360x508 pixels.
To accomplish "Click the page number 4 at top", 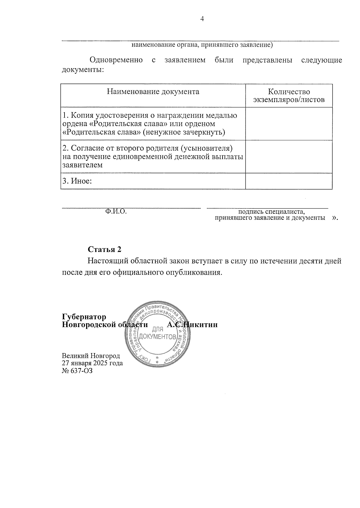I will tap(202, 19).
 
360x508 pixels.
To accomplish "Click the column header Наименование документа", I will tap(153, 92).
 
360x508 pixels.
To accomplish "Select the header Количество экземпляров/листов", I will tap(289, 96).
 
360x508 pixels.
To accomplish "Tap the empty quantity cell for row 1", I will tap(289, 124).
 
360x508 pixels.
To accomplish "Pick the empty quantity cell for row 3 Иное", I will tap(289, 181).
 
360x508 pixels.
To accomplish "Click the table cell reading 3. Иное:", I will tap(77, 181).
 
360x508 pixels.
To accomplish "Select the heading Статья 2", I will tap(105, 249).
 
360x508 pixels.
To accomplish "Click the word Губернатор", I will tap(84, 317).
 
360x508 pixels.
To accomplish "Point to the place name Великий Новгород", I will tap(91, 356).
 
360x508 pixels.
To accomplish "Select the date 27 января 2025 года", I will tap(92, 363).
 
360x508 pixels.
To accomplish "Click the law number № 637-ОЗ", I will tap(77, 370).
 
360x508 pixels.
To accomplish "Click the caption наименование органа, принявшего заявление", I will tap(202, 45).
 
